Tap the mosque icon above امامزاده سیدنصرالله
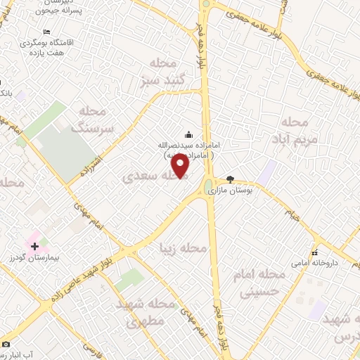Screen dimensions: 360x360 188,134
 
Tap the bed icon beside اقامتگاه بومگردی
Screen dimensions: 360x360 46,32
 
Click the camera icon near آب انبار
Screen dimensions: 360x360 6,344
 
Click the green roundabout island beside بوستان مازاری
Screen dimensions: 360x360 209,186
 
